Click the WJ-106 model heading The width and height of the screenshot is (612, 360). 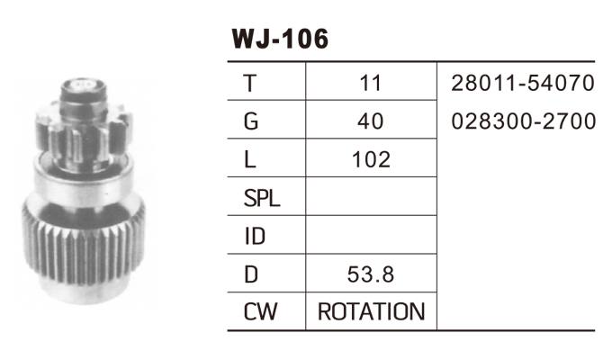coord(280,39)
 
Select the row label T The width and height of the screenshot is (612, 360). coord(250,83)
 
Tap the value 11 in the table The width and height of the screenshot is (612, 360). coord(371,83)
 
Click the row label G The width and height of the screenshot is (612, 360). coord(251,121)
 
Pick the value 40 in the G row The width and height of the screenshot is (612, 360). coord(371,121)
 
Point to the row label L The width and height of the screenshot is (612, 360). coord(250,159)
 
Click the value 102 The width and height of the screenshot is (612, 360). coord(371,159)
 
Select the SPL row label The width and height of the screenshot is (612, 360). coord(262,198)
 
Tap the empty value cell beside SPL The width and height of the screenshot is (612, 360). coord(371,196)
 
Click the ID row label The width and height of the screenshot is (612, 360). coord(255,236)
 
